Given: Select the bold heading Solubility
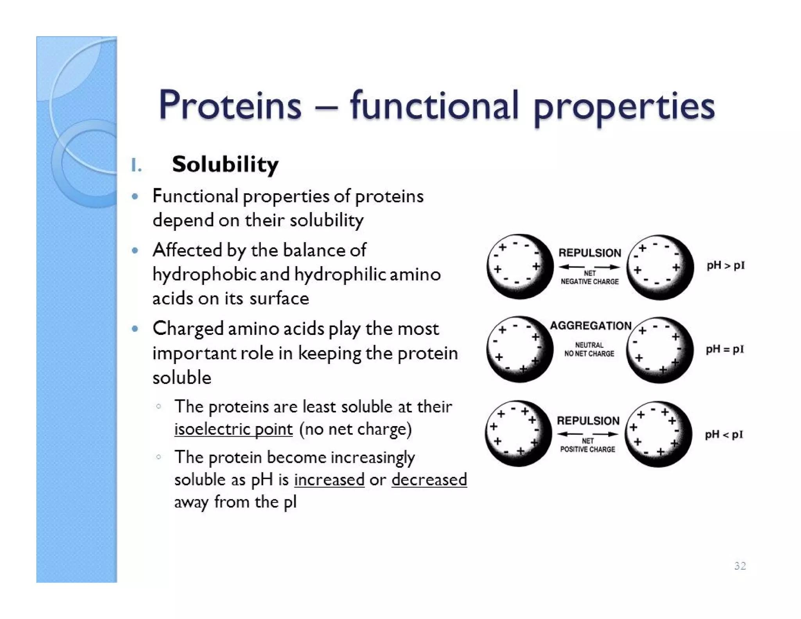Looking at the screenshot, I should (225, 164).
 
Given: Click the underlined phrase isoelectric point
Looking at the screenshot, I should (233, 429).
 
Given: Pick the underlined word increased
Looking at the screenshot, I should (329, 480).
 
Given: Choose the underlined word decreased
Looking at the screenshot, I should (429, 480).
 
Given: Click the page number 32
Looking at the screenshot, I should (740, 566).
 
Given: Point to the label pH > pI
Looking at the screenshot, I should (726, 266).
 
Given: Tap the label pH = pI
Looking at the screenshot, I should (725, 349).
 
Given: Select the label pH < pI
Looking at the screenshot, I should (724, 435).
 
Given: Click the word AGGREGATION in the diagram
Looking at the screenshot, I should (591, 326).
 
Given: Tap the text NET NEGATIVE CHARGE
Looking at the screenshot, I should (590, 278).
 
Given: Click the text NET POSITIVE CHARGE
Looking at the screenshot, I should (588, 446).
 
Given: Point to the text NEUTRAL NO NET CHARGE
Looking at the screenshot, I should (589, 349).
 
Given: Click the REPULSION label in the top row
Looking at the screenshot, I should (589, 253).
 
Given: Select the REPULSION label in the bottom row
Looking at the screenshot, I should (588, 421).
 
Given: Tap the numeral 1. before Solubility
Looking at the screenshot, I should (136, 165).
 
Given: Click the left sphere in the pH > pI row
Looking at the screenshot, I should (519, 267).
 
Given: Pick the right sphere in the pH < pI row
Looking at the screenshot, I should (658, 434).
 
